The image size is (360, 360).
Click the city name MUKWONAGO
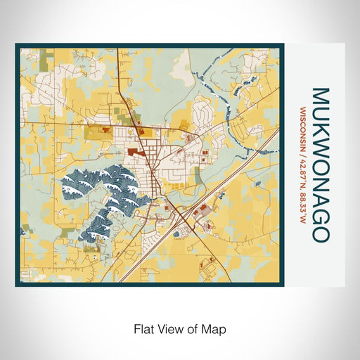pyautogui.click(x=320, y=165)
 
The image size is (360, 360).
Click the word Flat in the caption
pyautogui.click(x=143, y=328)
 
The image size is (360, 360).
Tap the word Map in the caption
pyautogui.click(x=215, y=328)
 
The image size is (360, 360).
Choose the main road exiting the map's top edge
pyautogui.click(x=119, y=53)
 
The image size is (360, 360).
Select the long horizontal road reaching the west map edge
pyautogui.click(x=42, y=122)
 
